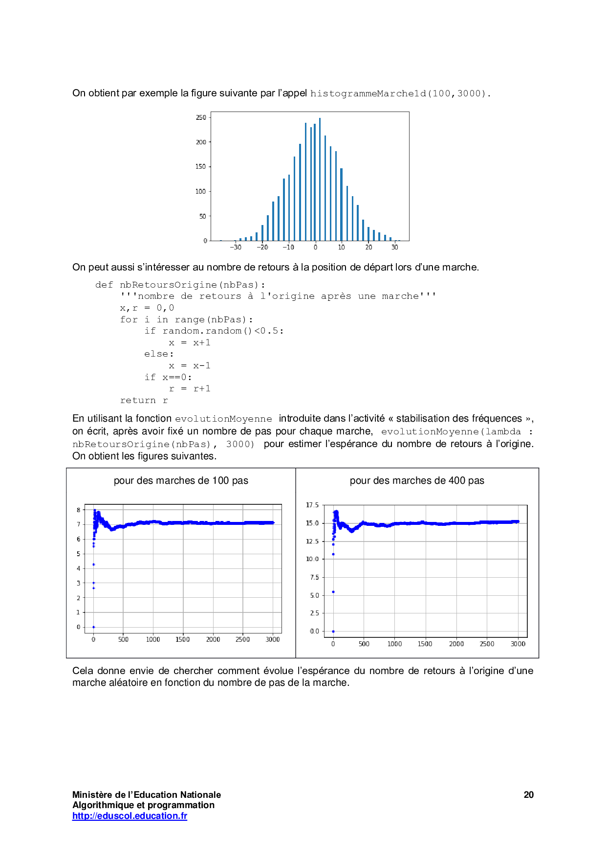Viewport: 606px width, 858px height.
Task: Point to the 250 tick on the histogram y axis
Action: [201, 117]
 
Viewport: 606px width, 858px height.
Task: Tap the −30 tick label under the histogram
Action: [236, 248]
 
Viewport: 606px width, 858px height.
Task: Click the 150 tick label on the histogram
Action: [201, 167]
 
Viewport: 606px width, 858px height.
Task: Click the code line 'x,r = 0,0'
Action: [147, 308]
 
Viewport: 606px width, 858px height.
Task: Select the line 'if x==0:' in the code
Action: [168, 377]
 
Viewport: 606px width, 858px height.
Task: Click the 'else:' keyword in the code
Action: [159, 354]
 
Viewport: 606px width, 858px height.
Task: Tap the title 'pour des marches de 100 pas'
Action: [181, 480]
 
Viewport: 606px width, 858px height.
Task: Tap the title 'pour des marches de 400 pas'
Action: [417, 480]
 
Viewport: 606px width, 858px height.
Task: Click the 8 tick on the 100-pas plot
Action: [78, 510]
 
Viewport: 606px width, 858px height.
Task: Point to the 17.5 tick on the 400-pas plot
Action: [312, 505]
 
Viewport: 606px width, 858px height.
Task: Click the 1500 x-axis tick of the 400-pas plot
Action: [425, 644]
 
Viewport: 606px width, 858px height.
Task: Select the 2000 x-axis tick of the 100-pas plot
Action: [213, 639]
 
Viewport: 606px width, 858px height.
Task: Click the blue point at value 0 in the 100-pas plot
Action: [93, 627]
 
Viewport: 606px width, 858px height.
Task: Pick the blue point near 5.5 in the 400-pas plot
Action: [333, 592]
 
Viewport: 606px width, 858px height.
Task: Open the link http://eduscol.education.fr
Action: [130, 815]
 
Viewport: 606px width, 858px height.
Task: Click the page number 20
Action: [528, 795]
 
